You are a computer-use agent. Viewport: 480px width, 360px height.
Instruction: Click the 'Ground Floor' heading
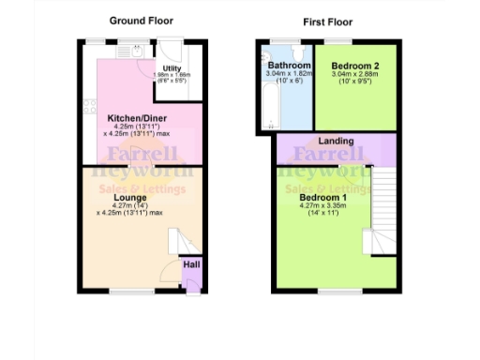tap(141, 20)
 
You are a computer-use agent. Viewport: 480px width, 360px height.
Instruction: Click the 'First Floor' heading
tap(326, 20)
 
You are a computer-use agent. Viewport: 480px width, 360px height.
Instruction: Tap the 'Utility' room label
tap(172, 68)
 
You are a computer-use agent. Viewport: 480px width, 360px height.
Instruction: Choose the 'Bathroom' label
tap(288, 65)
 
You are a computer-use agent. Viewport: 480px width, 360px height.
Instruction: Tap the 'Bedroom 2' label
tap(354, 65)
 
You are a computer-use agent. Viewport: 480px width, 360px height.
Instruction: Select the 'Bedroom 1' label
tap(323, 198)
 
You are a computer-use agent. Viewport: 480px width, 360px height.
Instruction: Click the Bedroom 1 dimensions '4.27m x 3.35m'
tap(323, 207)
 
